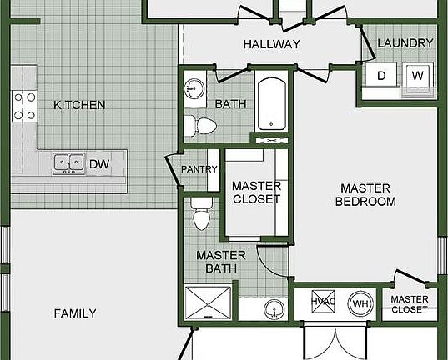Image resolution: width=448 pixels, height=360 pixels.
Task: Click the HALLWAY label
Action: click(272, 44)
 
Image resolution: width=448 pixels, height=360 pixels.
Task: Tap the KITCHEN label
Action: click(79, 105)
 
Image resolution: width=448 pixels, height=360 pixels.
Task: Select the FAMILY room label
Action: click(75, 313)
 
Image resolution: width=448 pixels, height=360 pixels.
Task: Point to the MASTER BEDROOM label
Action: click(365, 195)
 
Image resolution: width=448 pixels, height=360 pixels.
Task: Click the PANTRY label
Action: click(199, 169)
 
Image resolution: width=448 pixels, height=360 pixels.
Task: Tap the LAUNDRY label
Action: click(405, 43)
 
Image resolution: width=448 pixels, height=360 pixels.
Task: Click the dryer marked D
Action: click(381, 75)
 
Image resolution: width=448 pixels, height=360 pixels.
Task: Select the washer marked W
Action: click(417, 75)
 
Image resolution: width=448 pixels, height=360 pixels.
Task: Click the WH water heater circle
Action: click(360, 303)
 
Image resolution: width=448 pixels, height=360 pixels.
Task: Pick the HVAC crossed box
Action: click(323, 302)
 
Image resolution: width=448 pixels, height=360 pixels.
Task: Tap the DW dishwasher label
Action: click(99, 164)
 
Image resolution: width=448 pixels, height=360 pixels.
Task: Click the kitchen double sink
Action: click(69, 163)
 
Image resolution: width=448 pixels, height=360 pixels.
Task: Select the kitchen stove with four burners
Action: click(24, 106)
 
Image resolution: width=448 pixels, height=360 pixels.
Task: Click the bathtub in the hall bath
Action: click(272, 104)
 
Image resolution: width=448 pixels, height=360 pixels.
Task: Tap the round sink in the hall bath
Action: click(194, 88)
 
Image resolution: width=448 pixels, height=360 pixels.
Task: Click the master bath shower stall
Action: click(208, 302)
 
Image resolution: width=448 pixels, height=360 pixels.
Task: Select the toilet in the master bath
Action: click(201, 213)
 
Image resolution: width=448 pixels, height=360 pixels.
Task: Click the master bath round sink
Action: click(274, 310)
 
